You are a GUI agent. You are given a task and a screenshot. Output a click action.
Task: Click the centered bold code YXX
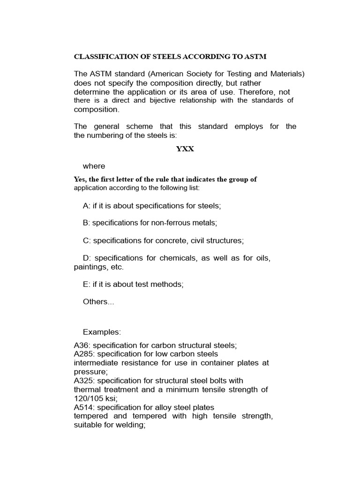click(185, 149)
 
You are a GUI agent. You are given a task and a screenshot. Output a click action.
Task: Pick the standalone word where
click(94, 166)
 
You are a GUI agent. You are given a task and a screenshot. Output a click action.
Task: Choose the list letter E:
click(87, 284)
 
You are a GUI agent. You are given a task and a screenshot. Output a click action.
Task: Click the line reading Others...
click(98, 302)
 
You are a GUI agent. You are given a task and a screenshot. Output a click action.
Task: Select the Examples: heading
click(102, 332)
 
